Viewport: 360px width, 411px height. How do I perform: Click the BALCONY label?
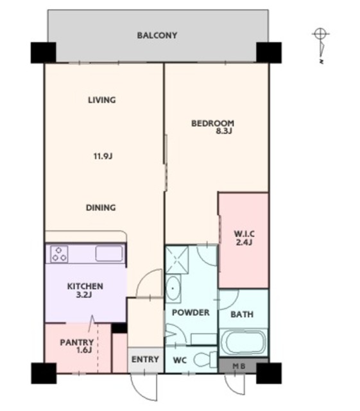157,35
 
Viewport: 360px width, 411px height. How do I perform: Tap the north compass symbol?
321,45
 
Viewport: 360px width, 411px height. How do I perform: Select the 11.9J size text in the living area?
103,157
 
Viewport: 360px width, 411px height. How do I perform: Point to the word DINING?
101,207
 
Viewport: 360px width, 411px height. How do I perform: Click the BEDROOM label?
212,123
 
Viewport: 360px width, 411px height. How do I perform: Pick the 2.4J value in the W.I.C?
244,243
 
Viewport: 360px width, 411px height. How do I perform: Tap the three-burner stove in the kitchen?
59,254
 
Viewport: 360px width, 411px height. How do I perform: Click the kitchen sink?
109,254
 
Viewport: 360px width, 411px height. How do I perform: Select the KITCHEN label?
85,286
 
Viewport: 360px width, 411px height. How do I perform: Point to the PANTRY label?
77,342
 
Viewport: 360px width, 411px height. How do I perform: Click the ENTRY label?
145,359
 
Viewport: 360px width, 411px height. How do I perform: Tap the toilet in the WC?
205,360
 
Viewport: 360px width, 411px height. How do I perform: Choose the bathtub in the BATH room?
243,342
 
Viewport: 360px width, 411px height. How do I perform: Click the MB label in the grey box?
239,366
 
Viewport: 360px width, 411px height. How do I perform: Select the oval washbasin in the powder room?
173,288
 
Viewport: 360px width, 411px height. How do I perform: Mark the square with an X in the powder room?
177,259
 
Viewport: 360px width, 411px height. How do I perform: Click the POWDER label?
191,313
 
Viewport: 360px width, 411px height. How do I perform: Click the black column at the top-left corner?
43,53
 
